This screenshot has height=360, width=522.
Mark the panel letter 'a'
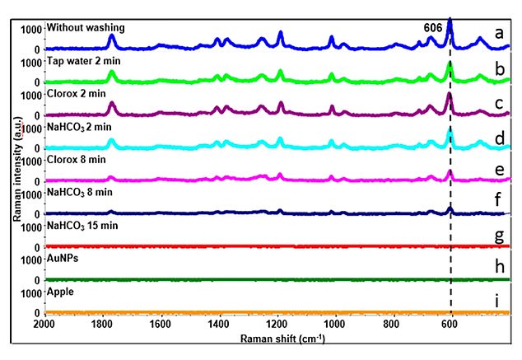(x=500, y=33)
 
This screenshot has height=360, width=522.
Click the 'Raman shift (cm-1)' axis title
(x=277, y=339)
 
